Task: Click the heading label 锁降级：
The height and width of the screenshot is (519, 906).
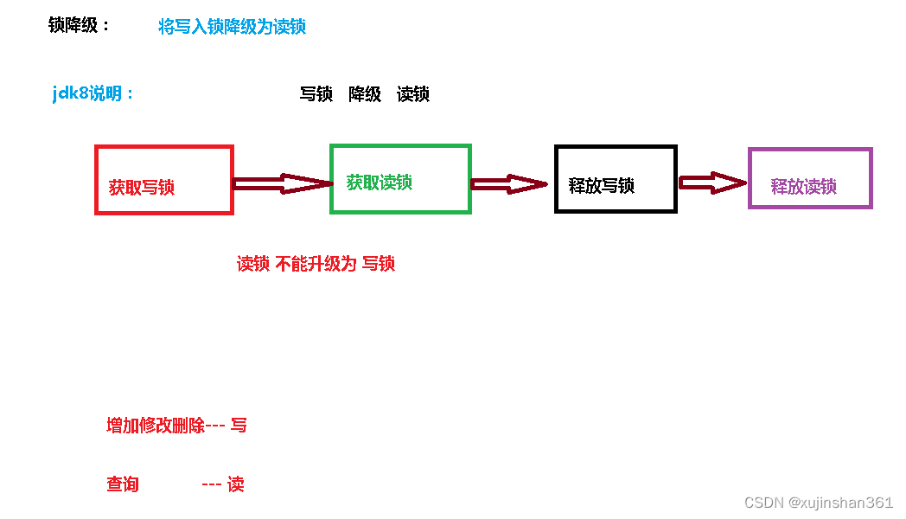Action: [80, 26]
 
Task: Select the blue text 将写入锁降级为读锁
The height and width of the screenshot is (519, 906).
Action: [232, 27]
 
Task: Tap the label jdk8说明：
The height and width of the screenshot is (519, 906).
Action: [93, 93]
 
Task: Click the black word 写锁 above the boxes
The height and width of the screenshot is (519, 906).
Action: [316, 94]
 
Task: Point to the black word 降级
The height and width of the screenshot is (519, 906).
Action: [365, 94]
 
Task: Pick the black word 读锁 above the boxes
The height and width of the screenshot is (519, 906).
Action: [413, 94]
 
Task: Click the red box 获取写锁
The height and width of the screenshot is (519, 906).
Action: [163, 180]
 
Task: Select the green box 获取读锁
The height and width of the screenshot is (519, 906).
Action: [400, 179]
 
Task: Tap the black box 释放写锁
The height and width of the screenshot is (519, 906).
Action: [615, 179]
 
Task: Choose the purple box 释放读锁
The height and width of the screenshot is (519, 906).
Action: [809, 178]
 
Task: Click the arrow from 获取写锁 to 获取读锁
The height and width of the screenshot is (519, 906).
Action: [283, 183]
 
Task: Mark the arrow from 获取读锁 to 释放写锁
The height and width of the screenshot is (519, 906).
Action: [509, 184]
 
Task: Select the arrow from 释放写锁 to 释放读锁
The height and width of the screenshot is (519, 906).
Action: [712, 182]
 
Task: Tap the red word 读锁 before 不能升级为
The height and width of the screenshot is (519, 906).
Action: [253, 264]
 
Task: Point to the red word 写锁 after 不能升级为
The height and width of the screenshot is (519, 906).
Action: [379, 264]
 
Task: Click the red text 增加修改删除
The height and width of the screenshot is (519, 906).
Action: [156, 426]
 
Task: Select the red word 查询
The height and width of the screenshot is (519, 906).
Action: [123, 484]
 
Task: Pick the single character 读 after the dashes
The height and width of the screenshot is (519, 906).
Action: [236, 484]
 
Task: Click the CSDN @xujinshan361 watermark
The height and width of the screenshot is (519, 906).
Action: [818, 503]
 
